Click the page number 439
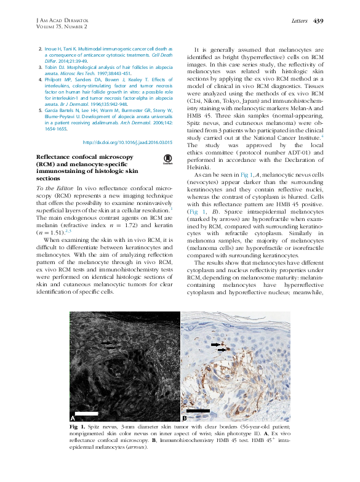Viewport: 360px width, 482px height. tap(318, 22)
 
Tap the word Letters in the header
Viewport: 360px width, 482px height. tap(298, 22)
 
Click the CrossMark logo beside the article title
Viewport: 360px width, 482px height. tap(167, 161)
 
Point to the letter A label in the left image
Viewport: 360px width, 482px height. tap(73, 417)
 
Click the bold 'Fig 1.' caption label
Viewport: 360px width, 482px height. tap(78, 426)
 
